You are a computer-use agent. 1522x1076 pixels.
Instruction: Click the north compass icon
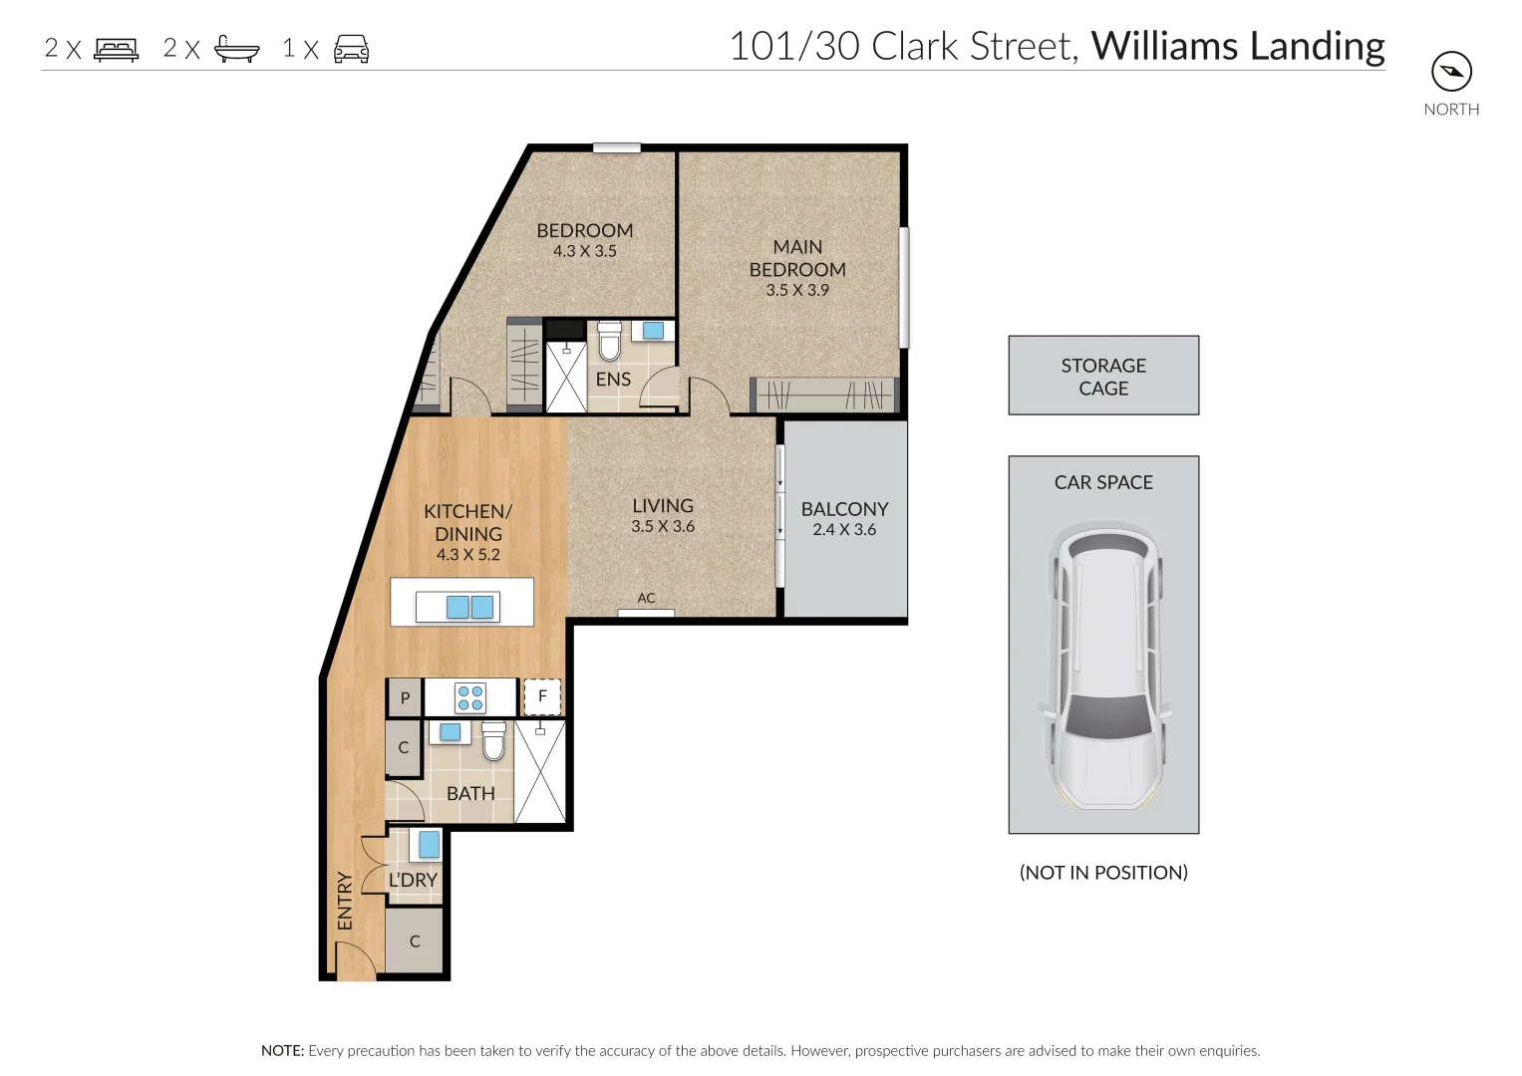click(x=1451, y=72)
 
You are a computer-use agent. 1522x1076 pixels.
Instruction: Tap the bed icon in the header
click(x=116, y=49)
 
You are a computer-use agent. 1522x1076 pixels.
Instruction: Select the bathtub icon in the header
click(x=237, y=49)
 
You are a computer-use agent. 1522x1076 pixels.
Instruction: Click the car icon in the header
click(x=351, y=49)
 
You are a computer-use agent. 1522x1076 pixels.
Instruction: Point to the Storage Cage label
click(x=1103, y=377)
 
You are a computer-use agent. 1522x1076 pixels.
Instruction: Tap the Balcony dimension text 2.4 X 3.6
click(x=844, y=530)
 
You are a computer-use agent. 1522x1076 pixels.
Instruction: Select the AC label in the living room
click(x=646, y=598)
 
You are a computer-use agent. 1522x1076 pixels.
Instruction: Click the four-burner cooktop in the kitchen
click(x=470, y=697)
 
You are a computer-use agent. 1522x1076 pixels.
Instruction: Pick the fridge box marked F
click(x=542, y=696)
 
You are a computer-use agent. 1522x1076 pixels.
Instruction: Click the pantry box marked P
click(x=405, y=698)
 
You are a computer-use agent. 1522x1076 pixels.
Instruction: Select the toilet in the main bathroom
click(x=493, y=741)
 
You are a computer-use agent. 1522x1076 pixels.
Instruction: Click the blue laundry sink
click(x=429, y=844)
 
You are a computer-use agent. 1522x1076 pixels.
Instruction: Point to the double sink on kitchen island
click(x=469, y=607)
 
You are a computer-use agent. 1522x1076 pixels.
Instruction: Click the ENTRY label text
click(x=345, y=901)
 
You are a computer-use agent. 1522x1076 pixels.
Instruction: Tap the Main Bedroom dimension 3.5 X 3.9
click(x=797, y=290)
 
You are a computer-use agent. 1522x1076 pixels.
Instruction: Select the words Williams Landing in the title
click(x=1238, y=46)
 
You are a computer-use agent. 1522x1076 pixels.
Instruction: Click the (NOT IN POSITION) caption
click(x=1103, y=873)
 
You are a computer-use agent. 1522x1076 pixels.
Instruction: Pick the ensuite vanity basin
click(x=654, y=331)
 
